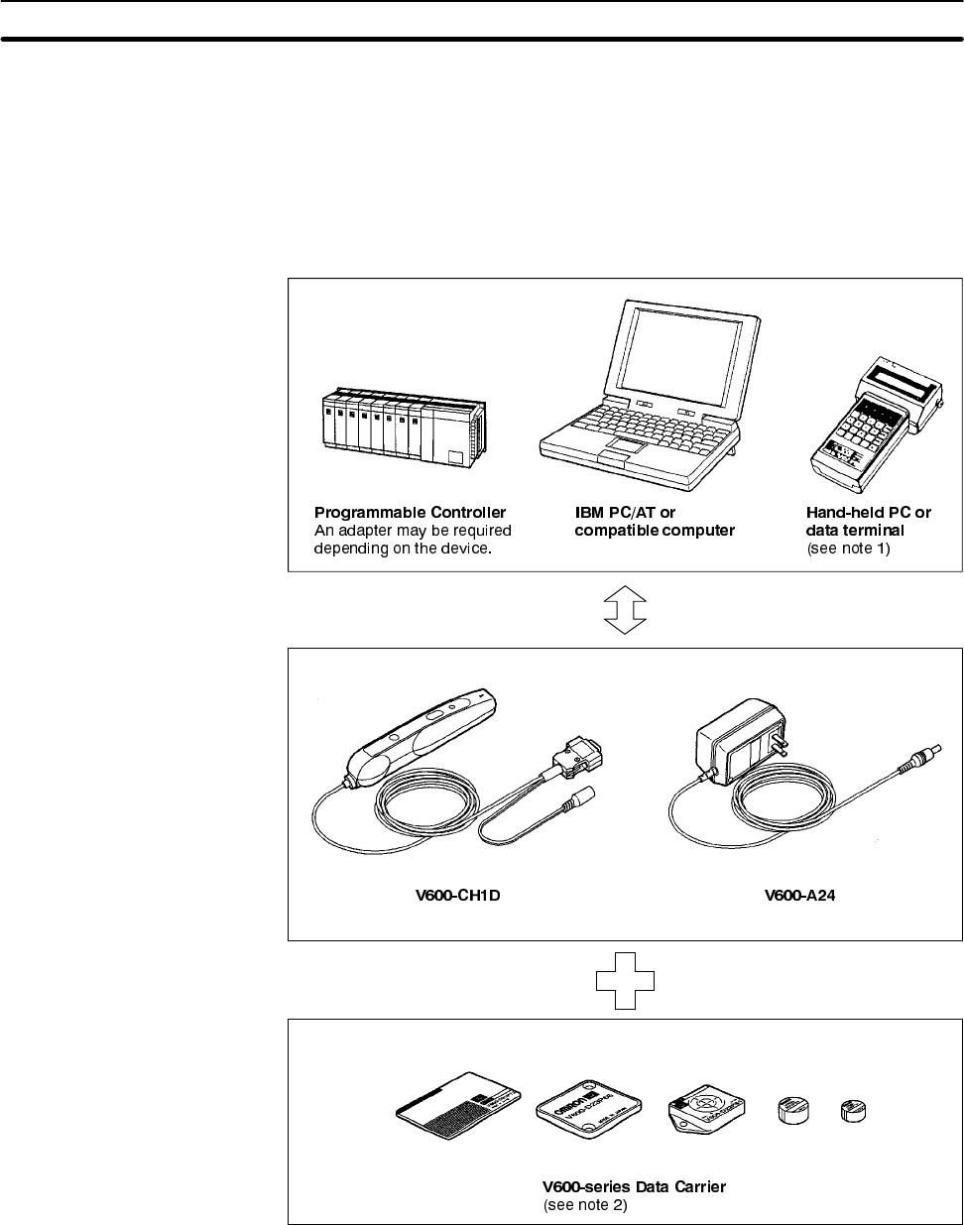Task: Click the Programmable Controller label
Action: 410,513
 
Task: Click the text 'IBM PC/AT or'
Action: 625,513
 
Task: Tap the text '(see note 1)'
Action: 849,547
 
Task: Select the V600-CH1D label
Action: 457,897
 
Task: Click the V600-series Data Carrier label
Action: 634,1186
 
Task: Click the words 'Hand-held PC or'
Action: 869,513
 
